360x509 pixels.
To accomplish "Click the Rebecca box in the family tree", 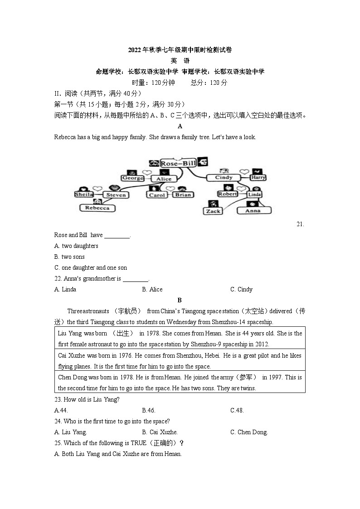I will coord(97,208).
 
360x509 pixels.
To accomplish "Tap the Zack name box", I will coord(213,211).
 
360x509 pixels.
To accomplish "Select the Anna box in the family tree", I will coord(253,210).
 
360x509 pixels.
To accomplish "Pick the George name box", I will coord(133,178).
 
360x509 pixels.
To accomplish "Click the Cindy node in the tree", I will coord(224,178).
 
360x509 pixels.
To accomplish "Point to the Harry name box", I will coord(258,178).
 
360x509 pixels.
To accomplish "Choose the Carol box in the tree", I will coord(157,195).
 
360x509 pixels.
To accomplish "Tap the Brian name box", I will coord(183,195).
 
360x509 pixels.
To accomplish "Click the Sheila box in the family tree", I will coord(84,194).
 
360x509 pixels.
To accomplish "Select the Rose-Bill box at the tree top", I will coord(178,163).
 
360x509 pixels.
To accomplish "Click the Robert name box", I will coord(228,194).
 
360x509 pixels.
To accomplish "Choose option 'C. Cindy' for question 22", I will coord(241,290).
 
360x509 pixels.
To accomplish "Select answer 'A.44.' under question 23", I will coord(61,411).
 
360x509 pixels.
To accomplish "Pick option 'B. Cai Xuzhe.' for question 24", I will coord(160,432).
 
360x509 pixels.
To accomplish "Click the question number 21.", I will coord(300,224).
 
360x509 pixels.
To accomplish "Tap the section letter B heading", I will coord(180,300).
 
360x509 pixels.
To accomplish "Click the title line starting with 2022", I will coord(180,50).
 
